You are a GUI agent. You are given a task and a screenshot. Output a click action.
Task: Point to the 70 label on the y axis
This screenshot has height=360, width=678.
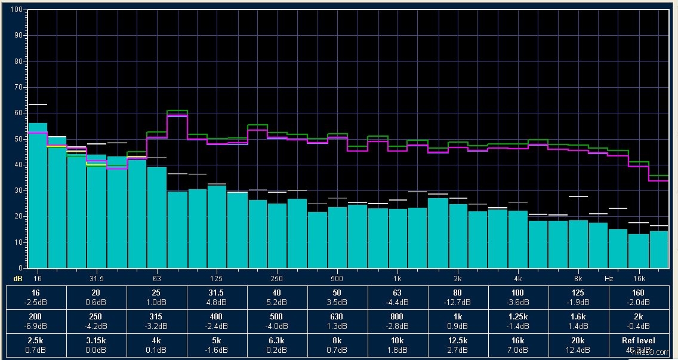[18, 87]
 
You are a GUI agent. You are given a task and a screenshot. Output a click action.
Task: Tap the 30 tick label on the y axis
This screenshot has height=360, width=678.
[18, 190]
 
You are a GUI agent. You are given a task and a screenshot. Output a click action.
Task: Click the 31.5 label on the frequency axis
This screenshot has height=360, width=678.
[97, 279]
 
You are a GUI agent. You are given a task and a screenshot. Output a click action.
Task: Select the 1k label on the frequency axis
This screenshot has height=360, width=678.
[397, 279]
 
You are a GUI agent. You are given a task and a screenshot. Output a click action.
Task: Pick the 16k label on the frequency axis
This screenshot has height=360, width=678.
[639, 279]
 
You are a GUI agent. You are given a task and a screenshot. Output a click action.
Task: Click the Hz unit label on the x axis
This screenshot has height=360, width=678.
[609, 279]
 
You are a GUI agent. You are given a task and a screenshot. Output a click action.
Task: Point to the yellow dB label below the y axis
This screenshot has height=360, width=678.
[17, 279]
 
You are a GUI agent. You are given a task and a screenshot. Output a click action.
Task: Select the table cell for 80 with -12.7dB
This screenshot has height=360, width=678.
[458, 297]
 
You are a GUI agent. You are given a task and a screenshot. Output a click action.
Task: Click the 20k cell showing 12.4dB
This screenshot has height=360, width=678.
[578, 345]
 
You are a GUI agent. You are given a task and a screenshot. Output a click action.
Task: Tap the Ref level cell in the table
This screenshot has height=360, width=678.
[639, 345]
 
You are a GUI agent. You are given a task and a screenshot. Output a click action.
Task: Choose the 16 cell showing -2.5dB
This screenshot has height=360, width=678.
[36, 297]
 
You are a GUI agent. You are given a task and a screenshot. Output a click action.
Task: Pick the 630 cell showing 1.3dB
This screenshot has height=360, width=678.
[337, 321]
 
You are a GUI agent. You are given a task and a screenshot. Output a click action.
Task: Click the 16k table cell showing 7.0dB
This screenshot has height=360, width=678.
[518, 345]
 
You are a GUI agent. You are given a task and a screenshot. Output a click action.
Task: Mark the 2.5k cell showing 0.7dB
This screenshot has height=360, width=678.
[36, 345]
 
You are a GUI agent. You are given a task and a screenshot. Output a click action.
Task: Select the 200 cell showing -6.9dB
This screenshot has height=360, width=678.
[36, 321]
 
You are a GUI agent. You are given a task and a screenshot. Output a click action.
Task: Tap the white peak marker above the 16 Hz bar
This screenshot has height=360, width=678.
[38, 104]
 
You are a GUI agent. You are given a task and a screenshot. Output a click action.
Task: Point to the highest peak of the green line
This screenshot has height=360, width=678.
[177, 111]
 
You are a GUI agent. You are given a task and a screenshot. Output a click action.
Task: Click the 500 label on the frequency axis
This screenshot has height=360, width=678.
[337, 279]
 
